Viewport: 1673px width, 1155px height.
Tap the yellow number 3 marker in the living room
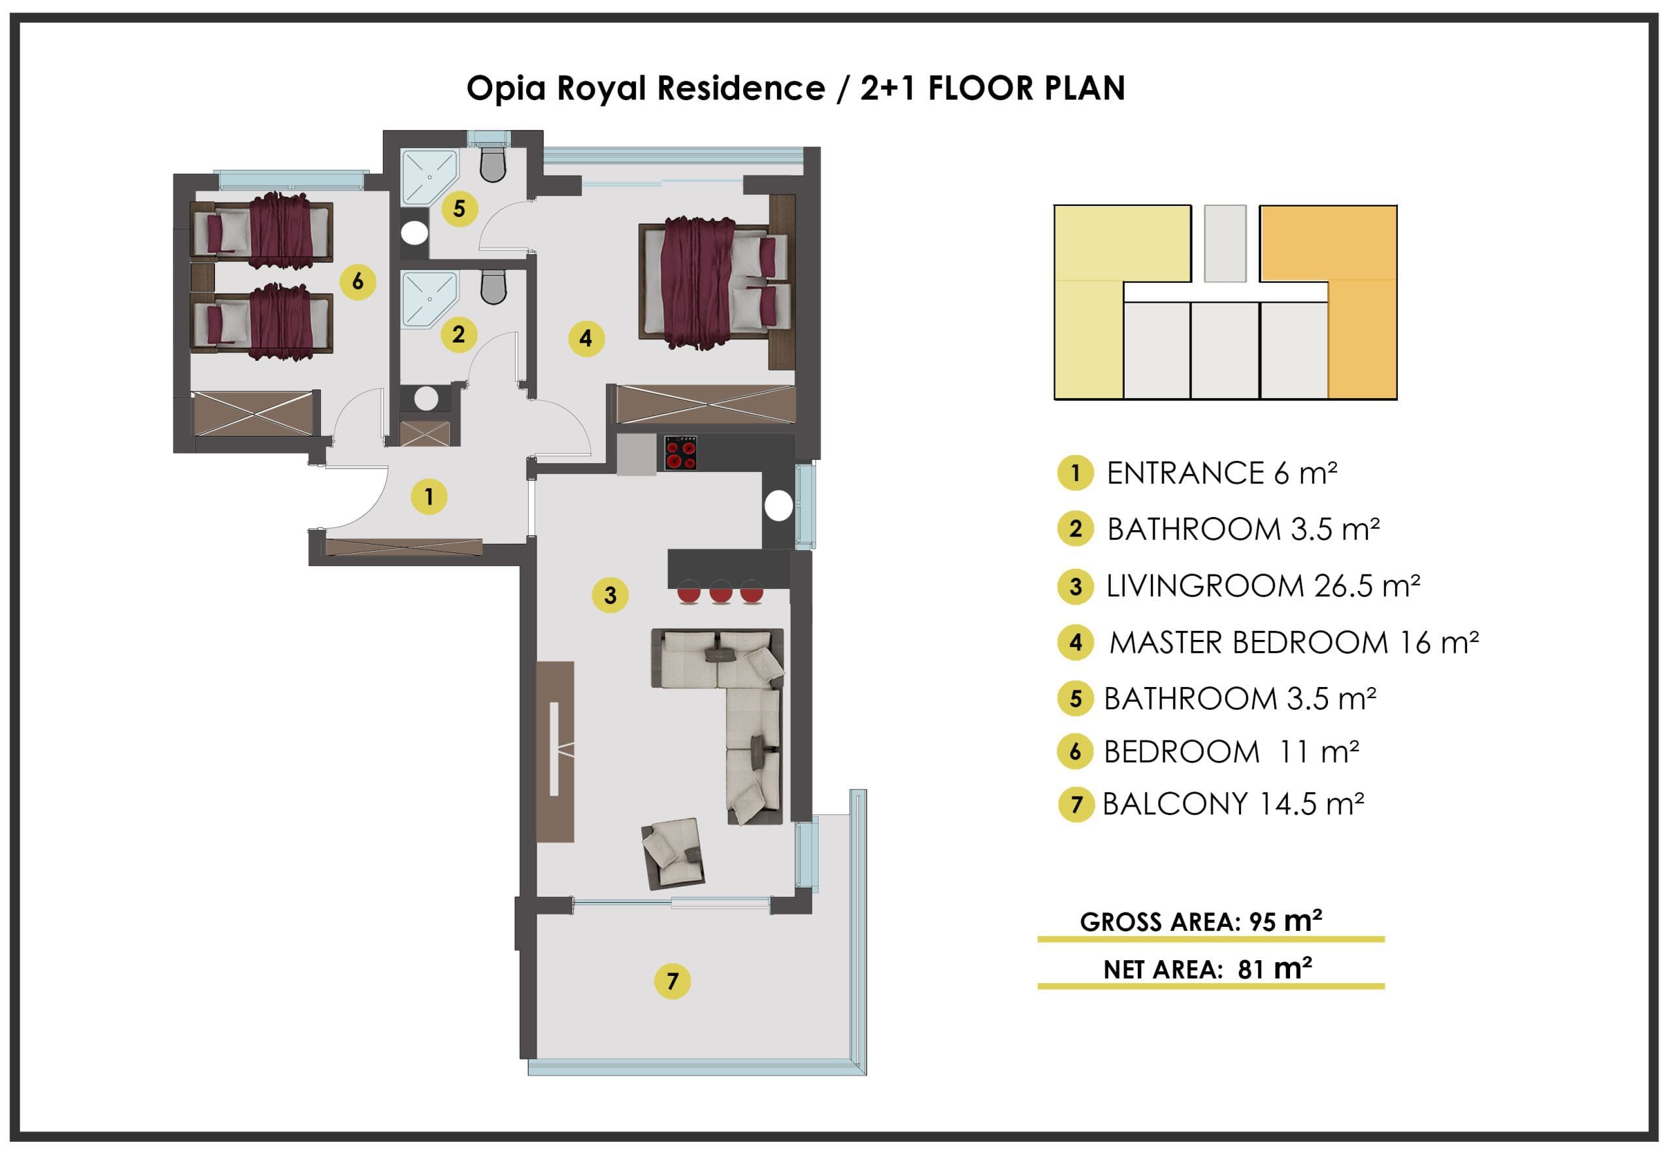point(610,595)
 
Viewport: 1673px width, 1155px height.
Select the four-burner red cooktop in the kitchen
point(681,452)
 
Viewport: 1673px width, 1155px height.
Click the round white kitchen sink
point(778,506)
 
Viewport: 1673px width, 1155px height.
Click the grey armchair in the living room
point(673,854)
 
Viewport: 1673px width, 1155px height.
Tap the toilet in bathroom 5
point(493,164)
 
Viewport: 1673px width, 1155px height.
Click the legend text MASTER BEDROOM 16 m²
point(1294,643)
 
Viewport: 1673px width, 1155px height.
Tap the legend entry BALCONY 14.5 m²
point(1233,804)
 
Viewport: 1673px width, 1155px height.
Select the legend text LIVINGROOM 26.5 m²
point(1263,586)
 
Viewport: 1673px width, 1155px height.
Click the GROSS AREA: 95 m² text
point(1201,920)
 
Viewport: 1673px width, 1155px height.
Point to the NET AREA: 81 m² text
point(1208,968)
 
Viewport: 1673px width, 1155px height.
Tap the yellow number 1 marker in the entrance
point(429,497)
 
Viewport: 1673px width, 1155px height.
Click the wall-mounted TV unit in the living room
point(555,751)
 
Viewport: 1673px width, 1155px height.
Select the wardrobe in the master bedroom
point(706,404)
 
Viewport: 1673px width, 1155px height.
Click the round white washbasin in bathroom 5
point(416,232)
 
